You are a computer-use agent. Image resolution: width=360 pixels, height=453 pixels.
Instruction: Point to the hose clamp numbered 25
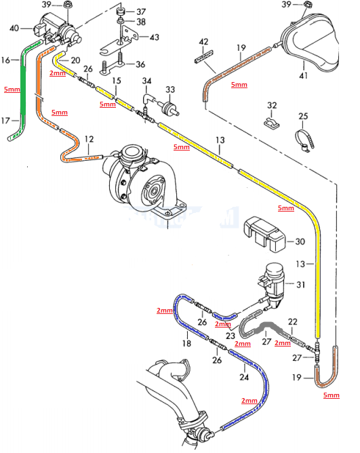[303, 140]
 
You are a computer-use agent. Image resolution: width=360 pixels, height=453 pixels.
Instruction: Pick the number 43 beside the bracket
[155, 37]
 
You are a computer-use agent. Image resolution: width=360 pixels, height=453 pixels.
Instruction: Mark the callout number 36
[140, 64]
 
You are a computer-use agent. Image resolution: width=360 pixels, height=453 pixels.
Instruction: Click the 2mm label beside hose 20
[58, 72]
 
